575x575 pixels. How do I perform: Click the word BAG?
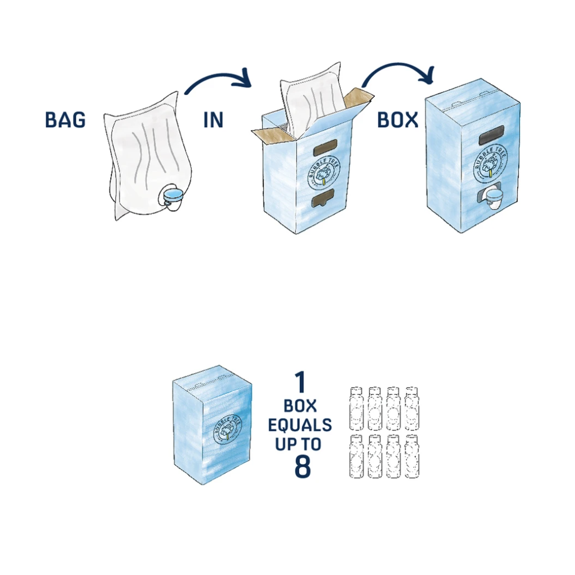point(65,120)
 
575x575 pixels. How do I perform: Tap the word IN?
point(213,120)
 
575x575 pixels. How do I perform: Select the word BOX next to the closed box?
point(398,120)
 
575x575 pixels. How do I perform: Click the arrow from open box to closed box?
point(398,72)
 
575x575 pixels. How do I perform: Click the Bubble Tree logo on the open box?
point(323,171)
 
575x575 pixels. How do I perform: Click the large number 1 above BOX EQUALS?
point(300,383)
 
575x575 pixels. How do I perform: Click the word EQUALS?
point(300,425)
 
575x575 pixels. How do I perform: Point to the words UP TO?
point(298,444)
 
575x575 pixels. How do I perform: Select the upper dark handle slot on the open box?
point(323,149)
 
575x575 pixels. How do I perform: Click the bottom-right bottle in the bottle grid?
point(412,457)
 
